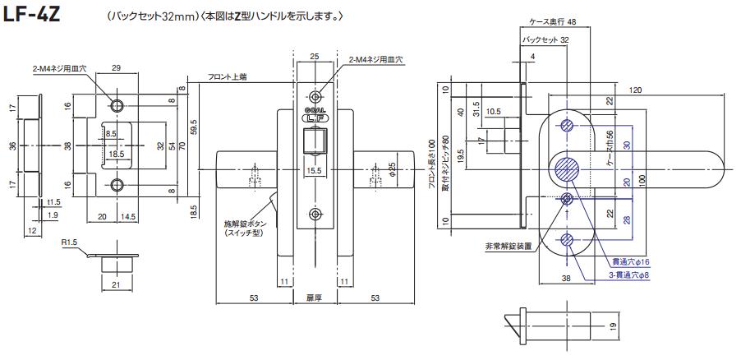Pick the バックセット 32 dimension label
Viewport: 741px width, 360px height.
click(x=546, y=39)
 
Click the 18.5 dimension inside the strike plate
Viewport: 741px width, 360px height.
click(x=116, y=153)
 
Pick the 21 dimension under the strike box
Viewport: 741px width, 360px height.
click(x=117, y=284)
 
